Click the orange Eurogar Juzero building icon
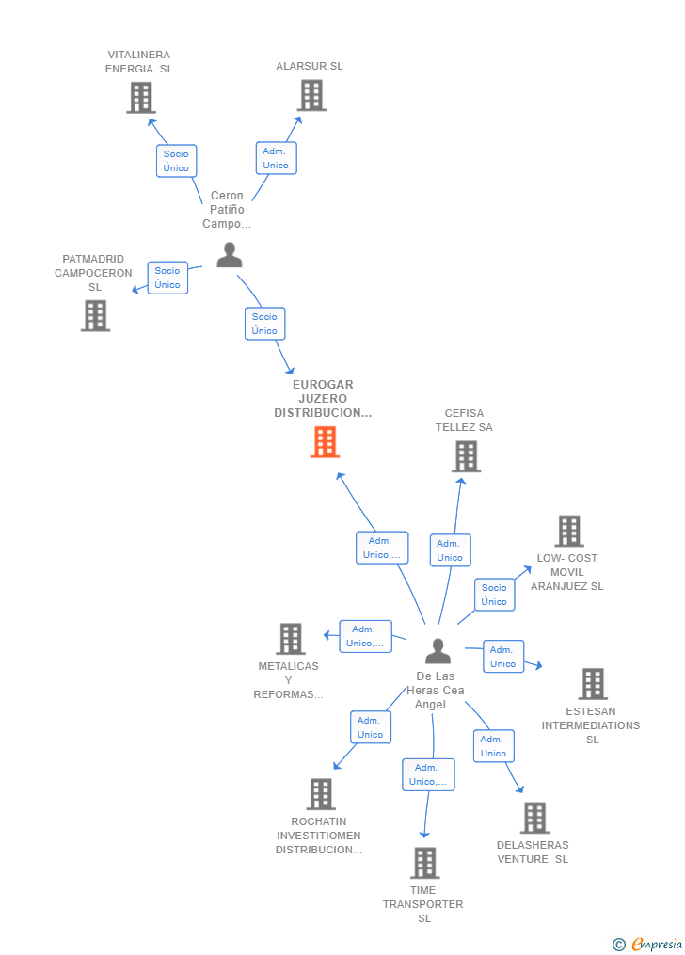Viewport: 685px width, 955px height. coord(325,441)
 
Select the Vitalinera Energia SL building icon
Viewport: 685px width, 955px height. coord(141,98)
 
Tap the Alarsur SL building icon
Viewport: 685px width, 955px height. coord(311,96)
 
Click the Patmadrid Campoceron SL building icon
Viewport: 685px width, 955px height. coord(96,315)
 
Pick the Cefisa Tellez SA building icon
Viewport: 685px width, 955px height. coord(467,456)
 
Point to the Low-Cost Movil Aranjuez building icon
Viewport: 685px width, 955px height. coord(569,531)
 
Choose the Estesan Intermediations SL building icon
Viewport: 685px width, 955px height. coord(593,683)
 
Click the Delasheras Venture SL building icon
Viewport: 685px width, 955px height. coord(535,818)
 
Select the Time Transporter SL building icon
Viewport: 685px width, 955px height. coord(425,863)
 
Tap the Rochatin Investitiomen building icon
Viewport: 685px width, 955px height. coord(321,793)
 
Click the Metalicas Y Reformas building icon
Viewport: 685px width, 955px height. coord(291,638)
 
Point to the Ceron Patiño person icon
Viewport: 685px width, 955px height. coord(230,255)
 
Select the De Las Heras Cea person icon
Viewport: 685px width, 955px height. coord(438,651)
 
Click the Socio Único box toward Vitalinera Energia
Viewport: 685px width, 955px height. coord(177,161)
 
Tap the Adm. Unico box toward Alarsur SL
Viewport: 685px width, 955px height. coord(276,158)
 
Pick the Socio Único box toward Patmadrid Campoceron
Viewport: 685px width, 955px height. coord(167,278)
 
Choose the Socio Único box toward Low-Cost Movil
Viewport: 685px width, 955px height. coord(494,595)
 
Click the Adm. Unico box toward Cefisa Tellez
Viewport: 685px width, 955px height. coord(450,550)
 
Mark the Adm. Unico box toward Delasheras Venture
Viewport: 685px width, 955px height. coord(494,746)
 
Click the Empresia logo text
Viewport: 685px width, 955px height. coord(657,944)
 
